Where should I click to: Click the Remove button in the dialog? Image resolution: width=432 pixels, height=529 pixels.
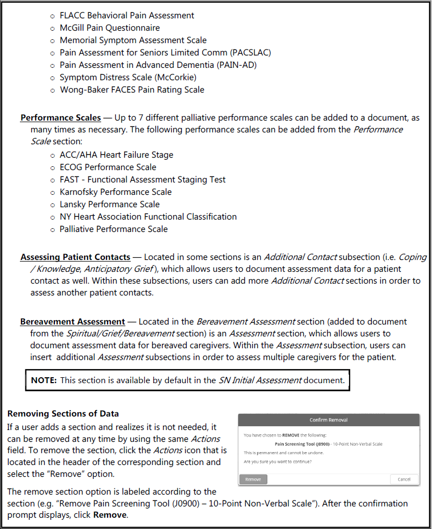[253, 479]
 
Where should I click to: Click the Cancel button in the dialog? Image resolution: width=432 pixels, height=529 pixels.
[404, 479]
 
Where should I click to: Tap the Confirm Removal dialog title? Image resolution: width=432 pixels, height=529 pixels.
[329, 419]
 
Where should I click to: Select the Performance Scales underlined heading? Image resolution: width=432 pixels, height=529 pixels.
[60, 117]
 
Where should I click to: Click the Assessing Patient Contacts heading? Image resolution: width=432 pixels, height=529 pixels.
[75, 257]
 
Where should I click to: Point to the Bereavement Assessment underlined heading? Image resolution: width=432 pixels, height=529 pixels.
[73, 321]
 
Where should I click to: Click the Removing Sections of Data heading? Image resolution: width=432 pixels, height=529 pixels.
[63, 413]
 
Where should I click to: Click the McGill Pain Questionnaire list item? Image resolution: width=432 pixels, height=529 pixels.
[110, 28]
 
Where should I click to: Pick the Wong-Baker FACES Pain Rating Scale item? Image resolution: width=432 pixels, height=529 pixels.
[132, 90]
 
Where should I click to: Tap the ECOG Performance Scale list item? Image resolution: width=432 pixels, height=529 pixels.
[108, 167]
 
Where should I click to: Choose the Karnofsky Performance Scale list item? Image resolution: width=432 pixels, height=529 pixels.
[116, 192]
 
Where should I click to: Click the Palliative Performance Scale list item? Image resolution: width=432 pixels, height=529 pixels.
[114, 229]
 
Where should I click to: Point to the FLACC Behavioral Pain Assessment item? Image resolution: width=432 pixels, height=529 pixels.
[127, 16]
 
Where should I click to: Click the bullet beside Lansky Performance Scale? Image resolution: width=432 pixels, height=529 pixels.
[52, 204]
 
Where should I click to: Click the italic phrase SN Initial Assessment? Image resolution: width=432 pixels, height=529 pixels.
[260, 380]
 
